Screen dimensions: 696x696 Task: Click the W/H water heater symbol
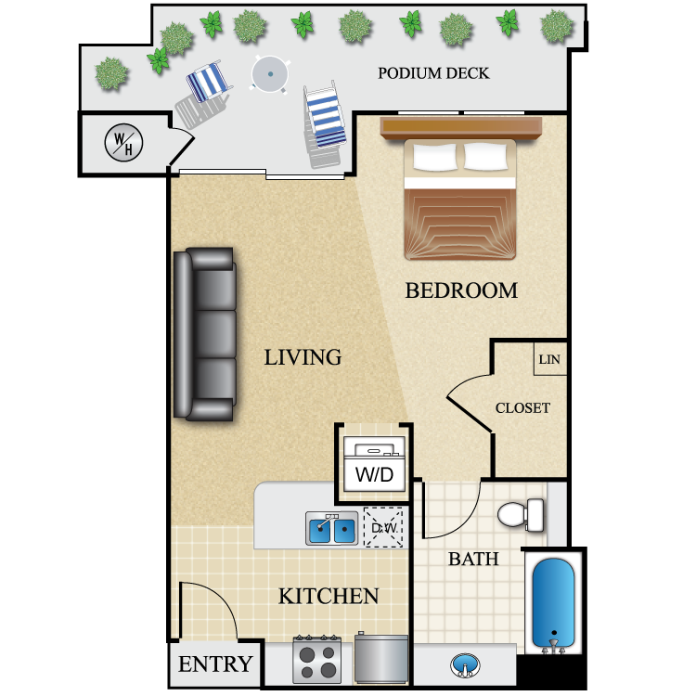pos(123,143)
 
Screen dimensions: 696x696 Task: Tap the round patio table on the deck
pos(270,74)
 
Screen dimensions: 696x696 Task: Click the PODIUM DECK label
pos(433,73)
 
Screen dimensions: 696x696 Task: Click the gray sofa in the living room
pos(205,334)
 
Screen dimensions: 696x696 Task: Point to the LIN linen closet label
pos(549,359)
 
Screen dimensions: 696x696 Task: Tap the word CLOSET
pos(522,408)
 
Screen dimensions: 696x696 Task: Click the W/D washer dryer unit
pos(375,464)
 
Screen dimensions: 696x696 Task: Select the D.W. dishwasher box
pos(383,527)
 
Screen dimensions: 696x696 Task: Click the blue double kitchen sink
pos(331,528)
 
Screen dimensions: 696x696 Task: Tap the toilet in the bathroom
pos(522,514)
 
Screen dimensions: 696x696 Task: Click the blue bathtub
pos(553,603)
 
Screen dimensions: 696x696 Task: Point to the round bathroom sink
pos(465,665)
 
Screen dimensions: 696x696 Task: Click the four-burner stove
pos(317,660)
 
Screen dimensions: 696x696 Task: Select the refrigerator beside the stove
pos(381,658)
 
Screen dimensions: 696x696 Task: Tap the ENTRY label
pos(215,664)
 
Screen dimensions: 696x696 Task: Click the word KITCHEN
pos(329,596)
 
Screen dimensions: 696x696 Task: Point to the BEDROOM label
pos(461,290)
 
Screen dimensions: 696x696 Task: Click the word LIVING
pos(303,357)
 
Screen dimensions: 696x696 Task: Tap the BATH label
pos(473,559)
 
